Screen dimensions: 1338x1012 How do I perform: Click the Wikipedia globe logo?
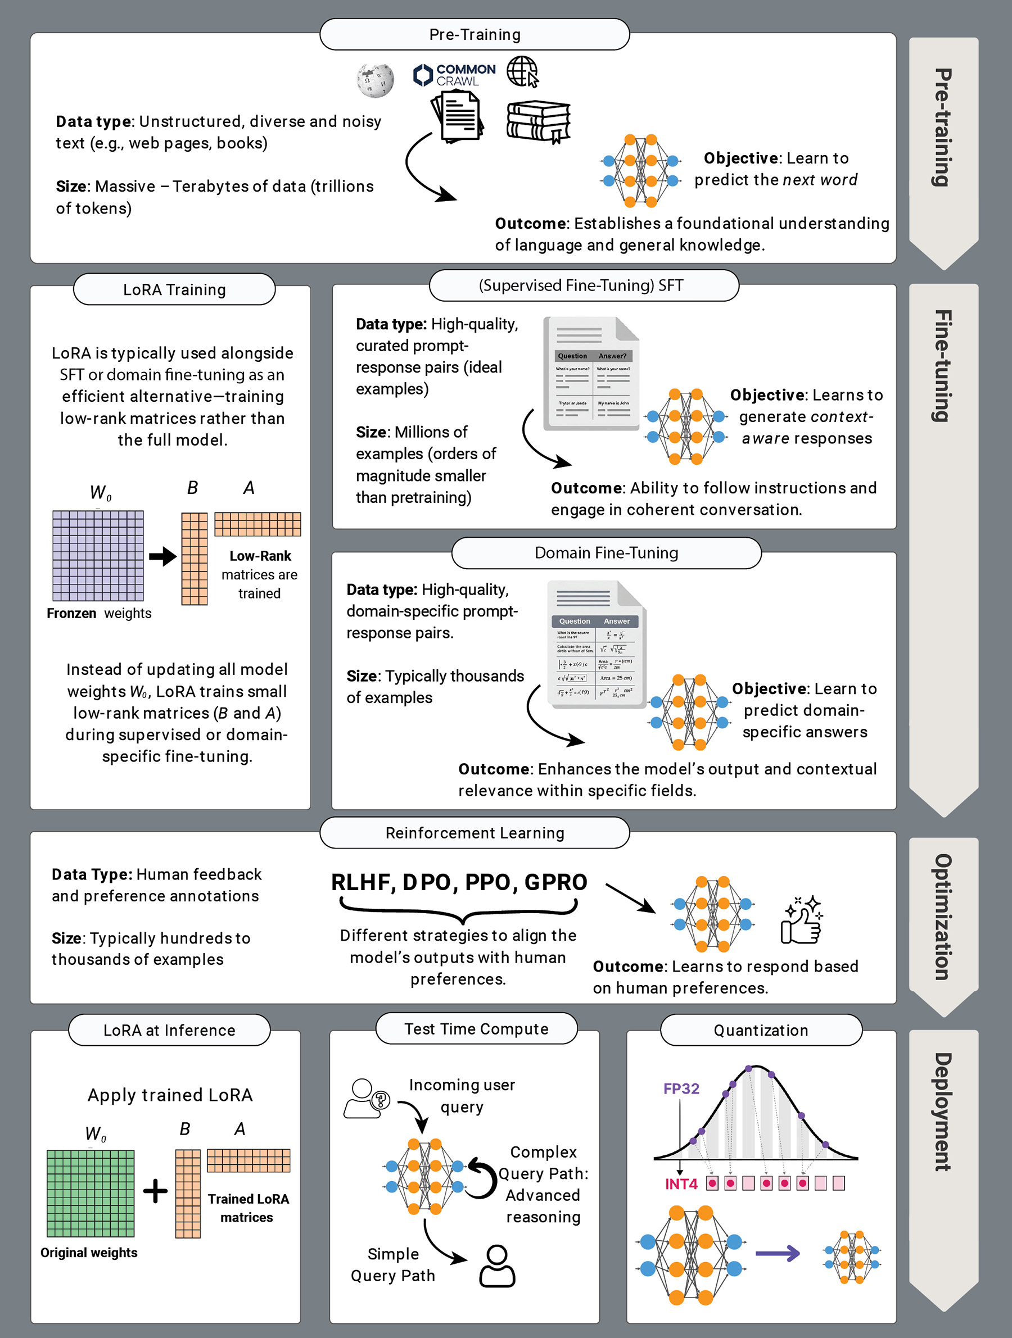tap(374, 80)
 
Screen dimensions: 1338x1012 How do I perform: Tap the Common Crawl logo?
tap(454, 75)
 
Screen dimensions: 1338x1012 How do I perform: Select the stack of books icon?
tap(538, 121)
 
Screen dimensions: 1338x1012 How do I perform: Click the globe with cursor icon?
tap(522, 71)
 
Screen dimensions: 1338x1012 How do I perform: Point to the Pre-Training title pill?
tap(475, 34)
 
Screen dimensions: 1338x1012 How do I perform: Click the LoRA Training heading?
tap(174, 290)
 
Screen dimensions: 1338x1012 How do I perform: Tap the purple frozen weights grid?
tap(98, 556)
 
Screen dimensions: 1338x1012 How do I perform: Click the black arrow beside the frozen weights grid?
tap(162, 556)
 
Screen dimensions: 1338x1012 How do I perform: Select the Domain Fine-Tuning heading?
tap(606, 553)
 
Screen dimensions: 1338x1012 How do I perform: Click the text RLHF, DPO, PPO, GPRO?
tap(459, 882)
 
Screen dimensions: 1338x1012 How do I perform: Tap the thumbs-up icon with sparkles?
tap(802, 920)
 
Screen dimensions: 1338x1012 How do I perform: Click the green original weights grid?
tap(91, 1194)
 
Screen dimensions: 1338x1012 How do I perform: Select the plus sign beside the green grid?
tap(156, 1191)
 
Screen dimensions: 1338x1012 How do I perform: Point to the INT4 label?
tap(681, 1184)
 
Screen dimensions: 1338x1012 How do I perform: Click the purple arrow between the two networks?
tap(778, 1253)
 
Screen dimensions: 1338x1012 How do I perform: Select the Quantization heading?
tap(761, 1030)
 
